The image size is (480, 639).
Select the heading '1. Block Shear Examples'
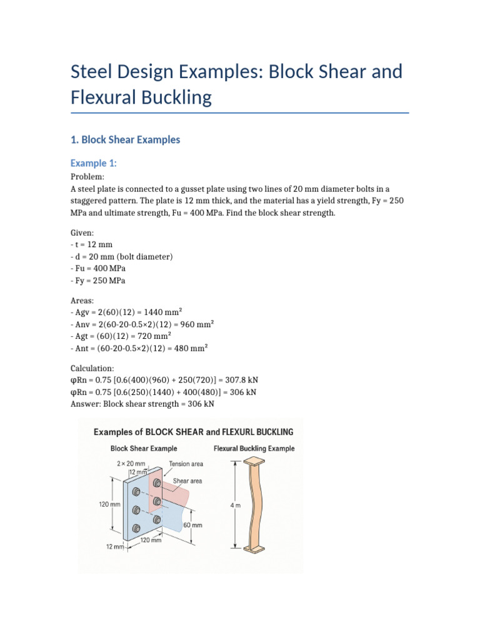coord(126,140)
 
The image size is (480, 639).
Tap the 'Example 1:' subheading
coord(94,163)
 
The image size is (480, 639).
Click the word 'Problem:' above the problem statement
coord(87,177)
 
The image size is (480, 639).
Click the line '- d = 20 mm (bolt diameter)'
coord(122,256)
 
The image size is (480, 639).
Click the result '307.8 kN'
coord(250,380)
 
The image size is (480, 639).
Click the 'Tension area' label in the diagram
coord(186,464)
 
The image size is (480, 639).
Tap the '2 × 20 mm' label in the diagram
coord(131,464)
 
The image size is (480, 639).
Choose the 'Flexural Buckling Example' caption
coord(254,449)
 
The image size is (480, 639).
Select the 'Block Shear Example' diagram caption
coord(143,449)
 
